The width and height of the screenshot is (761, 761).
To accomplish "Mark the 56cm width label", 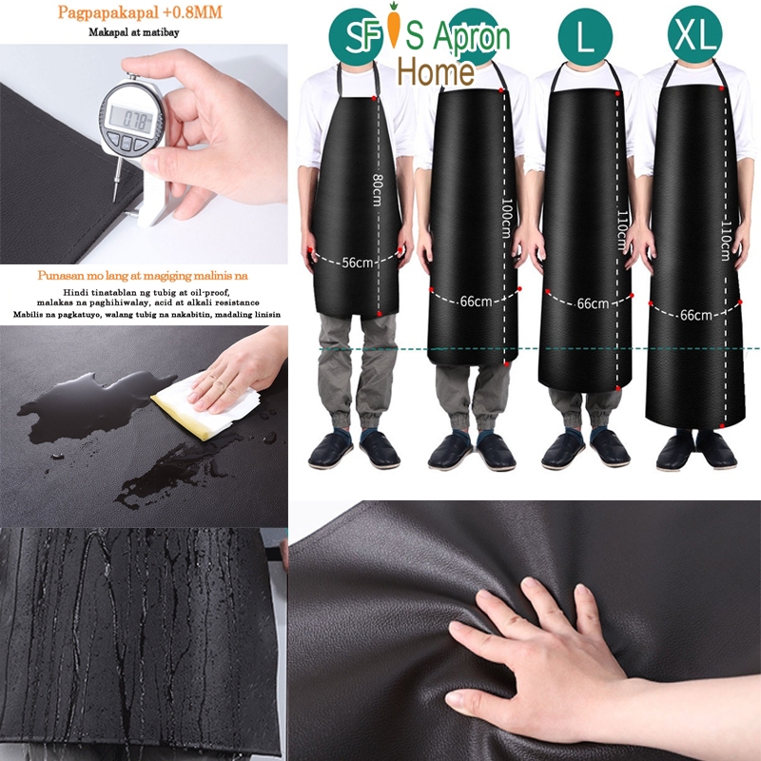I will pyautogui.click(x=358, y=263).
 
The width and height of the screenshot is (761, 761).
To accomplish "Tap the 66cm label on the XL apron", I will pyautogui.click(x=695, y=315).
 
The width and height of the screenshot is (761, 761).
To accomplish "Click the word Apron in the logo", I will pyautogui.click(x=471, y=37).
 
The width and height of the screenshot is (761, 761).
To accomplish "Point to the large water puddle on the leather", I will pyautogui.click(x=81, y=404).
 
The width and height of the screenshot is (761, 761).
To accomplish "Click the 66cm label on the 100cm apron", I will pyautogui.click(x=476, y=302).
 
